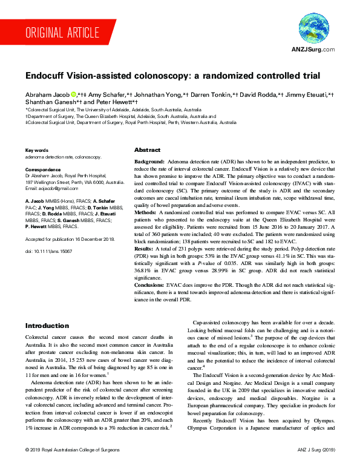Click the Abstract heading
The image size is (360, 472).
click(147, 150)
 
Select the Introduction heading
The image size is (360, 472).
click(47, 326)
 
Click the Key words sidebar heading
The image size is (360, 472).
click(36, 150)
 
